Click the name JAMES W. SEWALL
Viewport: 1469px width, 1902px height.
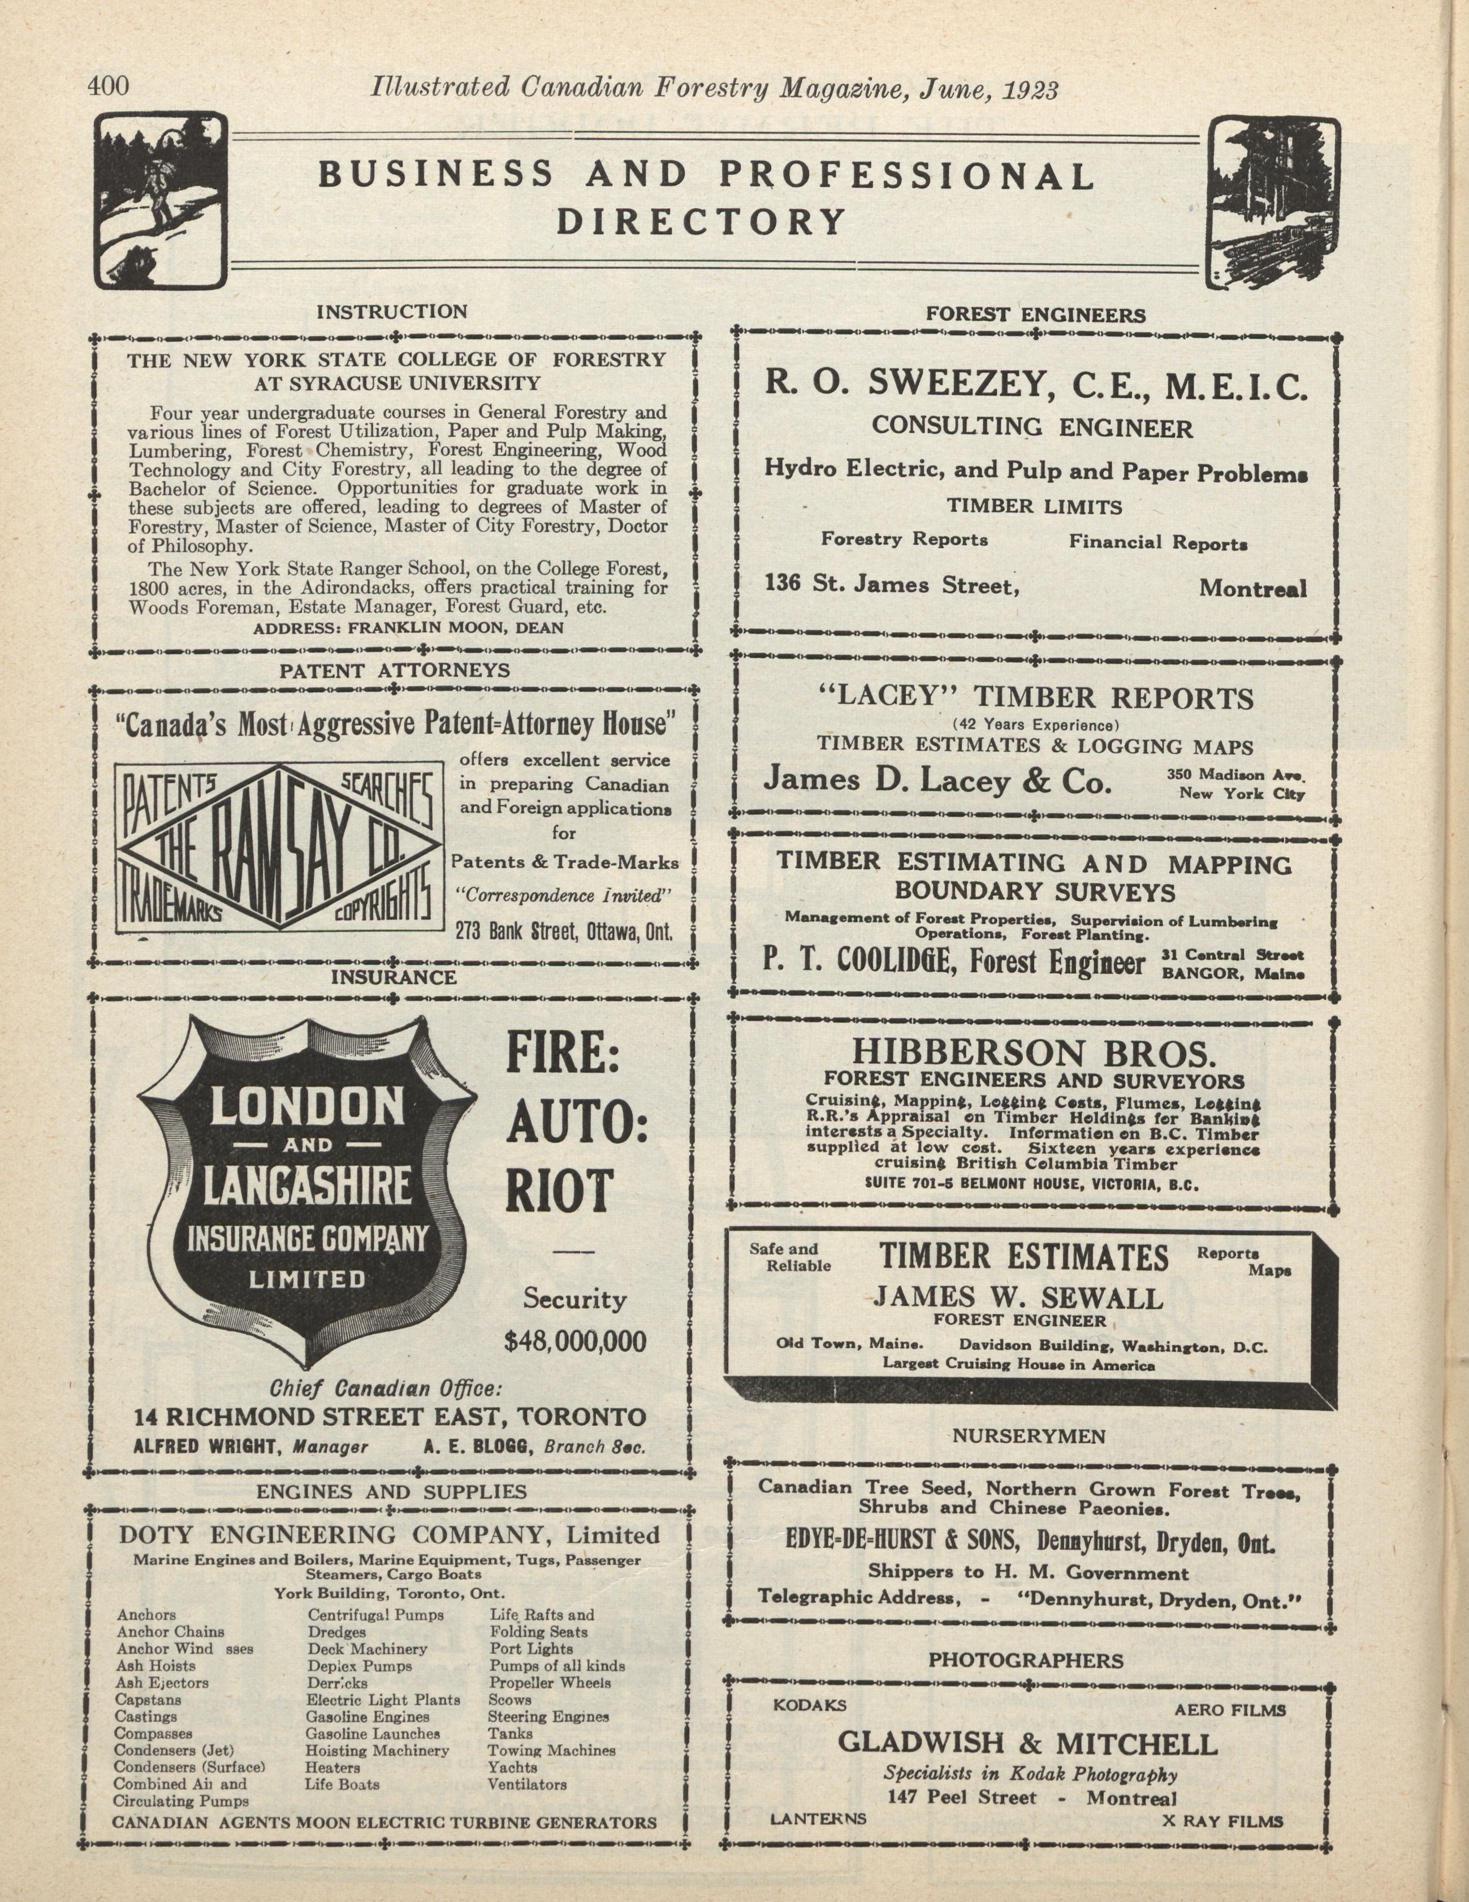pos(1018,1299)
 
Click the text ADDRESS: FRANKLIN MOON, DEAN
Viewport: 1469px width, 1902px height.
pos(408,627)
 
